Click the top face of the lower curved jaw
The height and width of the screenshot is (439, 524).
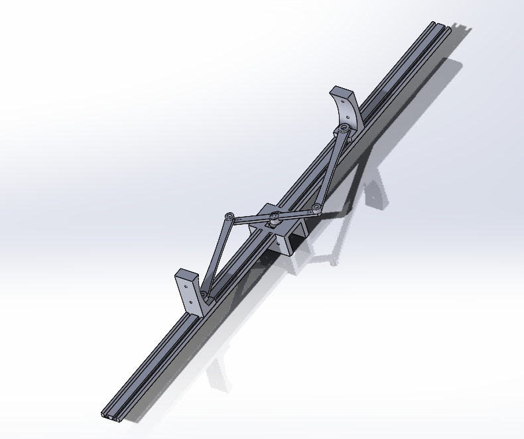tap(186, 273)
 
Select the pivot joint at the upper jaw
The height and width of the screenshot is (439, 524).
tap(344, 127)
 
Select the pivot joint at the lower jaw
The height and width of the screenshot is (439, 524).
tap(204, 294)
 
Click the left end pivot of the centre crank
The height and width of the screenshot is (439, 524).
tap(229, 217)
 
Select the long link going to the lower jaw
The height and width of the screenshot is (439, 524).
tap(216, 255)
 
